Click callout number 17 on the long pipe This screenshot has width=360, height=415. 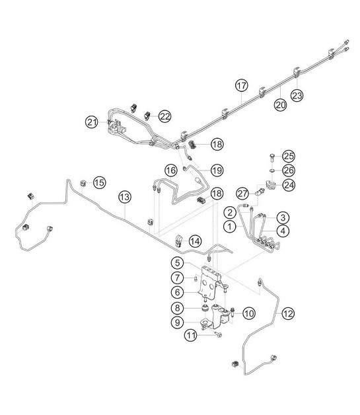[242, 85]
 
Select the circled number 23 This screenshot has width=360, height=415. [297, 95]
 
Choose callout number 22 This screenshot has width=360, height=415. [164, 116]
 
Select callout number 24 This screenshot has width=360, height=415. [288, 184]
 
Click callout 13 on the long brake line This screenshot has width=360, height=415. [126, 196]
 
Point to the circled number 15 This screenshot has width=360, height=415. [98, 182]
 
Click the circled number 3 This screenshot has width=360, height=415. [282, 217]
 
